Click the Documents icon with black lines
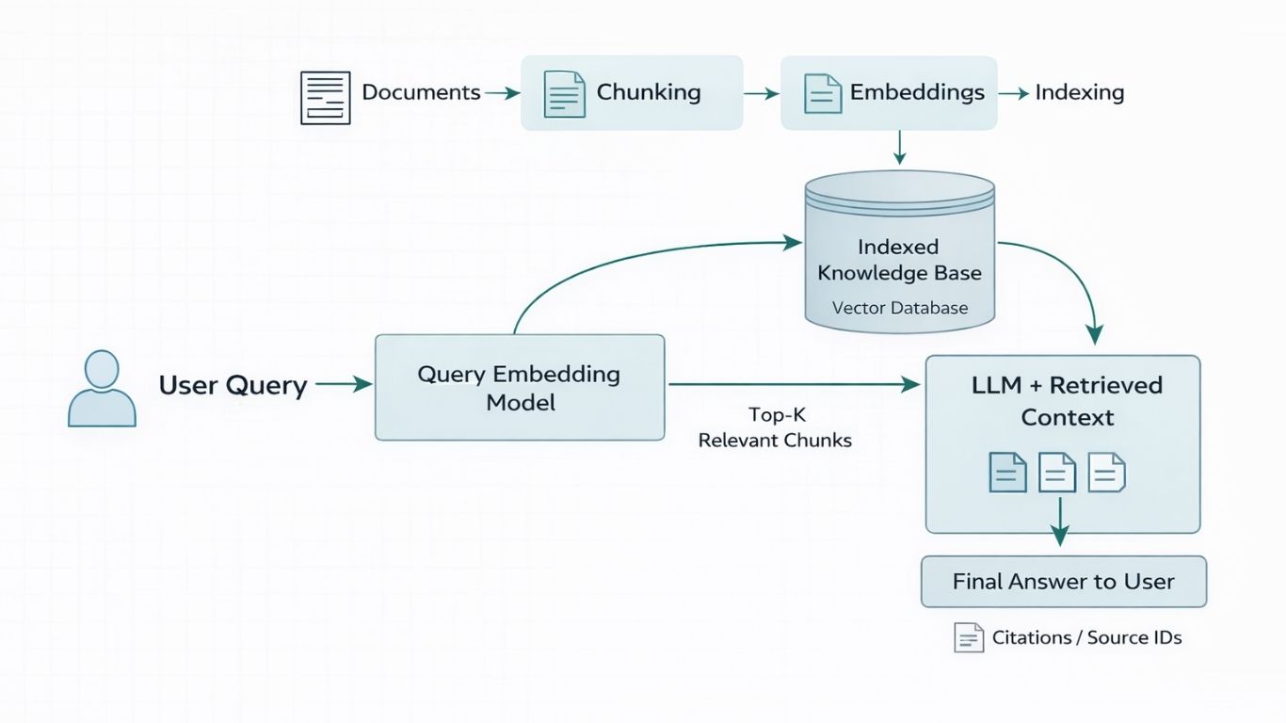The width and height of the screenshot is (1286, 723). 325,97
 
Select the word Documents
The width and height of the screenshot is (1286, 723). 421,92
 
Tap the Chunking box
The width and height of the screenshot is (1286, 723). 632,92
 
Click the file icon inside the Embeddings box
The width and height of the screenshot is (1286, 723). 822,93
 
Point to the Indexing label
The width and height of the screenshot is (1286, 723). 1079,92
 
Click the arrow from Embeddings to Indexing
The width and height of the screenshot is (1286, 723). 1012,93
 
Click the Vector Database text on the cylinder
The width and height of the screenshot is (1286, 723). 899,308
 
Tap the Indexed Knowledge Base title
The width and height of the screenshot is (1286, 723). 899,260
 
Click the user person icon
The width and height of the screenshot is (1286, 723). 102,388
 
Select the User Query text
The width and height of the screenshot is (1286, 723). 233,385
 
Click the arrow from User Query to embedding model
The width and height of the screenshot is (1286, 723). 344,384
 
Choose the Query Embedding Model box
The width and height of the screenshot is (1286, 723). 519,387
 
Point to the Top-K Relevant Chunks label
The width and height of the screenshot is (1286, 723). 774,427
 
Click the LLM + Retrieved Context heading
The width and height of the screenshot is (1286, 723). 1067,401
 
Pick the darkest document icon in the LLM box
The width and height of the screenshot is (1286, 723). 1006,472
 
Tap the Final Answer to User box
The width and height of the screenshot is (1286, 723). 1063,582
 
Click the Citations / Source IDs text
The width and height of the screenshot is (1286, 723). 1086,637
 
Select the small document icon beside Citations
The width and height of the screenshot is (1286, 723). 968,637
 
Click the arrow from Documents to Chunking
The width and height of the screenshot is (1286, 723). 502,93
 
